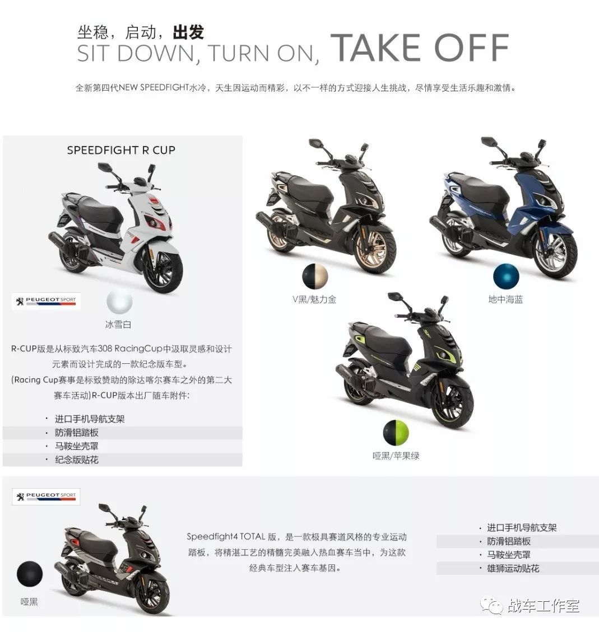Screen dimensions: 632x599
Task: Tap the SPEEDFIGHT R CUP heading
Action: click(121, 150)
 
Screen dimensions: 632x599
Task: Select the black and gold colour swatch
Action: click(315, 277)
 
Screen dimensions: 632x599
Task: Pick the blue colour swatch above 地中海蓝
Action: click(507, 277)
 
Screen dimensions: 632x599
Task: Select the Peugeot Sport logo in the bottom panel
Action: click(47, 496)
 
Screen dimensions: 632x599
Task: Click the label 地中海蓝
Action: click(505, 299)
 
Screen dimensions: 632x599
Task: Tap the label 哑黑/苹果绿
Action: click(396, 455)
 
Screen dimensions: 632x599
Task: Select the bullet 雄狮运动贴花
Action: click(513, 568)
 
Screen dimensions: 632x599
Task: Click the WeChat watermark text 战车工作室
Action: click(543, 605)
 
